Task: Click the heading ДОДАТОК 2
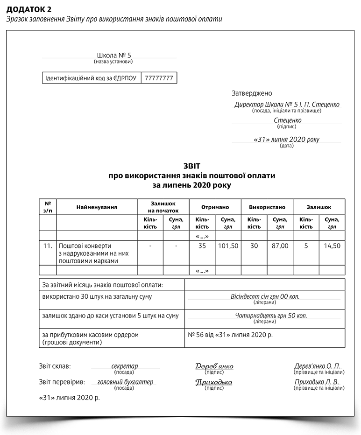tap(28, 9)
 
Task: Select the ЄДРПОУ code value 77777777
tap(159, 78)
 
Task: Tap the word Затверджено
tap(252, 93)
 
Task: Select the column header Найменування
tap(97, 207)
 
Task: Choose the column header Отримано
tap(215, 207)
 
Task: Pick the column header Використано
tap(267, 207)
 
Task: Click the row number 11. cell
tap(48, 246)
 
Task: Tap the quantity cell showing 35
tap(202, 246)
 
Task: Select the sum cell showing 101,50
tap(228, 246)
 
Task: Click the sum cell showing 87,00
tap(280, 246)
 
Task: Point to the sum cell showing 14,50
tap(332, 246)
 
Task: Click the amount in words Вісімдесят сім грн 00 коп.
tap(265, 296)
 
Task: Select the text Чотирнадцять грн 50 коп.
tap(265, 316)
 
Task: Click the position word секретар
tap(125, 366)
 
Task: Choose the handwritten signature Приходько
tap(214, 382)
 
